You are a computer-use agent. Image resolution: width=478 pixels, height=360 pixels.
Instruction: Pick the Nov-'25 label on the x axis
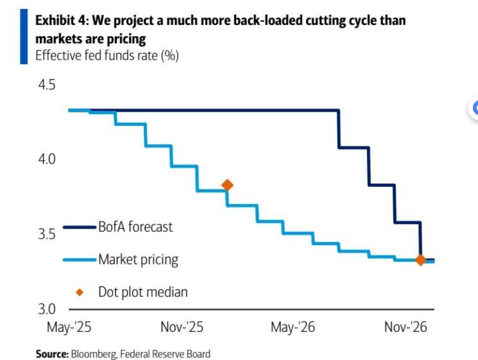click(182, 327)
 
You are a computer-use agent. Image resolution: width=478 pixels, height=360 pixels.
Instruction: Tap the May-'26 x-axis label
click(293, 327)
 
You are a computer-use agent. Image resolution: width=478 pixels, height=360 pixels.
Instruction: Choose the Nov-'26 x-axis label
click(405, 327)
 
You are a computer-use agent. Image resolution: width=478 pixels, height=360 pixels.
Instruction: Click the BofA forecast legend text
click(135, 227)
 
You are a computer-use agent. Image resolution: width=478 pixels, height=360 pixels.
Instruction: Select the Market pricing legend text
click(138, 259)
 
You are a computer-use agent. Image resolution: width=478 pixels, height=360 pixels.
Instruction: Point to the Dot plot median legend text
click(143, 292)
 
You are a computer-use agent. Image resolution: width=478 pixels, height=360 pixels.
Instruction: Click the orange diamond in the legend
click(80, 292)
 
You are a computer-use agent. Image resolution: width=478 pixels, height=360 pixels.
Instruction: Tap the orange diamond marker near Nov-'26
click(420, 260)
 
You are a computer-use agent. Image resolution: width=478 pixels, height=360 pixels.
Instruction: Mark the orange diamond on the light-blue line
click(226, 185)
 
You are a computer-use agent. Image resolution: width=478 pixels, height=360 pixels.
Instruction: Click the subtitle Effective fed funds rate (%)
click(107, 56)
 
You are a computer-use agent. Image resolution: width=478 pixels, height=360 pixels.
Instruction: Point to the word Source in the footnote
click(51, 354)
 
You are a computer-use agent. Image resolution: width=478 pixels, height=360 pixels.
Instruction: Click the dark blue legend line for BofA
click(80, 227)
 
